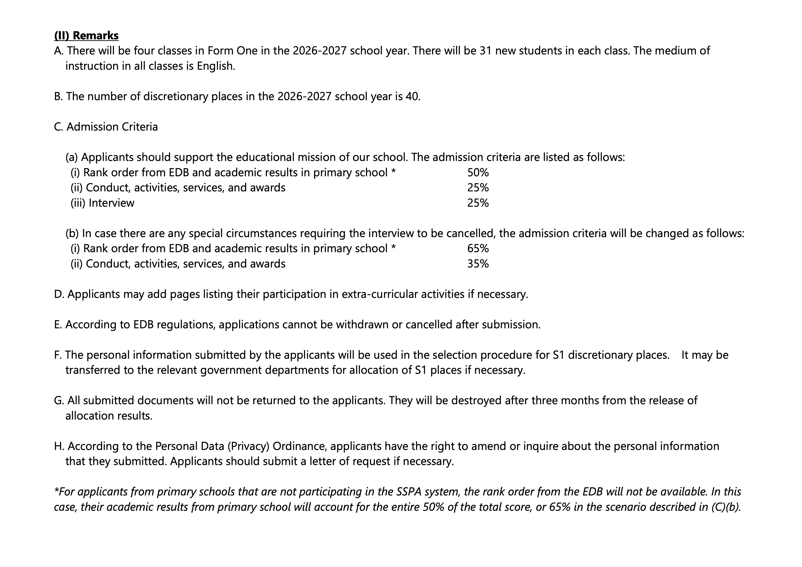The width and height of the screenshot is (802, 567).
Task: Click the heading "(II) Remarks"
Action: (86, 36)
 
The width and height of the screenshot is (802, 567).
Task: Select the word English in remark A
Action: (216, 66)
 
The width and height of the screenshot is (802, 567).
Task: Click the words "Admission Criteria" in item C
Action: (112, 127)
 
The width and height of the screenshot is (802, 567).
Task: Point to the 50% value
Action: (478, 173)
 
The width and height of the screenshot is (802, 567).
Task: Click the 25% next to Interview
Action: (478, 203)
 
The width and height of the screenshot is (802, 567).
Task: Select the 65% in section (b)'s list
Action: (478, 248)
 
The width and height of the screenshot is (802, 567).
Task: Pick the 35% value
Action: (478, 264)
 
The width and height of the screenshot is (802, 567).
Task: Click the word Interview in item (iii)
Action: (111, 203)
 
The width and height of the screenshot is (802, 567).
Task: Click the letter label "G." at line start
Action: (59, 400)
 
